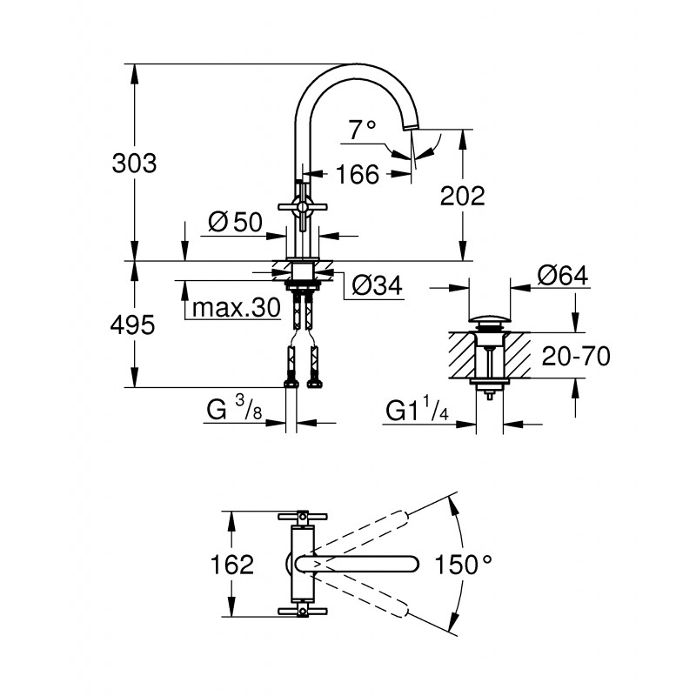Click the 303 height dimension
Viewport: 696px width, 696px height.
tap(134, 164)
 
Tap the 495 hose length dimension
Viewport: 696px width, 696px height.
tap(132, 325)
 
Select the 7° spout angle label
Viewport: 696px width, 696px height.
tap(362, 130)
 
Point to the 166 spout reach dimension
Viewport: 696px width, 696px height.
tap(358, 174)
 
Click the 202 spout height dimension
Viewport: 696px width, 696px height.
tap(463, 196)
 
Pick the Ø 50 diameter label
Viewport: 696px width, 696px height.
tap(235, 222)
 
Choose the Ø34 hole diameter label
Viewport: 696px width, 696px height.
tap(377, 285)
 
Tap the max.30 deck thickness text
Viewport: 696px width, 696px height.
tap(236, 307)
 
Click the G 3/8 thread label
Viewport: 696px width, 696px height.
tap(234, 409)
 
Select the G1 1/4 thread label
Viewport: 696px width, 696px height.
tap(418, 410)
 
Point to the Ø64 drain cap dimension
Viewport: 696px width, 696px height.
tap(563, 276)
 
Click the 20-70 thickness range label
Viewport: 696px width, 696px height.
tap(576, 357)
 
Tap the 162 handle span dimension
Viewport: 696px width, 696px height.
tap(231, 565)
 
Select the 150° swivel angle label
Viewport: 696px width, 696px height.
tap(463, 565)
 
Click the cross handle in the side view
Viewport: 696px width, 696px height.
tap(303, 207)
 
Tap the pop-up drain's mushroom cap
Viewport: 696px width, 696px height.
tap(489, 319)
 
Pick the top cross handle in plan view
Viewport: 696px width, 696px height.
tap(303, 517)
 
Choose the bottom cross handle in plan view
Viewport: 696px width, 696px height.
tap(303, 612)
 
